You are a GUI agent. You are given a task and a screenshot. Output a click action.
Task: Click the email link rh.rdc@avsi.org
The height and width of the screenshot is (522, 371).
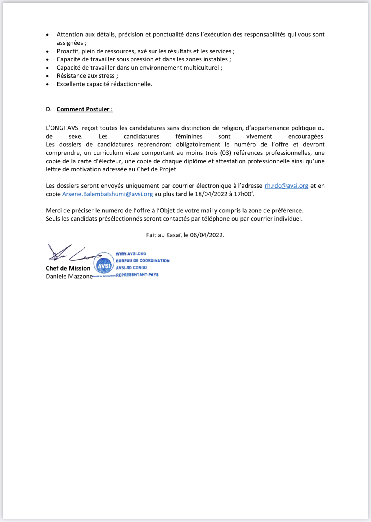[286, 186]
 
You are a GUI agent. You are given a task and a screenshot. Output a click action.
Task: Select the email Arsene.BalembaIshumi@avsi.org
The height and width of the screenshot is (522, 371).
[107, 194]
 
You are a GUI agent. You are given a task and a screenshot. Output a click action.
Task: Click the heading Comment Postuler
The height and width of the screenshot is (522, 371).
[84, 109]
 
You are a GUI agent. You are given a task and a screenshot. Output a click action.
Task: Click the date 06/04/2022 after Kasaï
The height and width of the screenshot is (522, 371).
[207, 235]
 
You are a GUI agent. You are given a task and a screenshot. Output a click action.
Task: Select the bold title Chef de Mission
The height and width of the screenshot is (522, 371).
[68, 268]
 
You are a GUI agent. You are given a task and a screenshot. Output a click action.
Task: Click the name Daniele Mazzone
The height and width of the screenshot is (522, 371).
[69, 276]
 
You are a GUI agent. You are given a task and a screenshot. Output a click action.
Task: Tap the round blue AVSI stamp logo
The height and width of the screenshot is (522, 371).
[104, 264]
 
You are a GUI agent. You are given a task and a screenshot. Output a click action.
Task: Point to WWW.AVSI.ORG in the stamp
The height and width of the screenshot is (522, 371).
[131, 253]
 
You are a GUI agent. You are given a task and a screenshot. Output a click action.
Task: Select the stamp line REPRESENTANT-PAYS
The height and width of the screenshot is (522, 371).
[137, 275]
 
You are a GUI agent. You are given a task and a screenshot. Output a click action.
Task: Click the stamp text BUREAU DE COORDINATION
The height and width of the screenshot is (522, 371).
[142, 260]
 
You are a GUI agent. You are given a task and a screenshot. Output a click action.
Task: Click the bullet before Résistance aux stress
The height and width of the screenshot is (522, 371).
[47, 76]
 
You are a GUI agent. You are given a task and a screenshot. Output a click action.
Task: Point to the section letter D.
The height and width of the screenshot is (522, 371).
[49, 109]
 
